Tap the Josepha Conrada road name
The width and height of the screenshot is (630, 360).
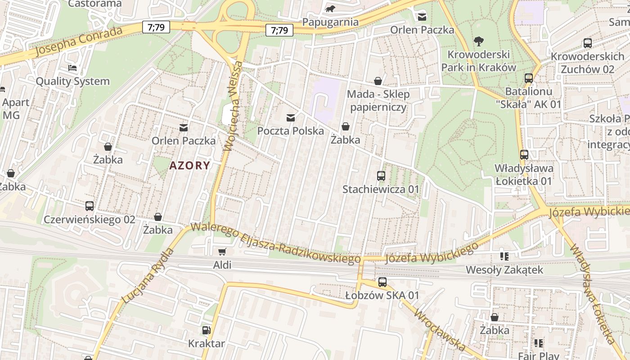click(x=79, y=42)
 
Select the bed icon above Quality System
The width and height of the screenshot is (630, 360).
click(x=72, y=68)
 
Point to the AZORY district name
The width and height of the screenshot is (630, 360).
click(x=189, y=166)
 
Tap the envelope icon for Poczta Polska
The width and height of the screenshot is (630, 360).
click(x=291, y=118)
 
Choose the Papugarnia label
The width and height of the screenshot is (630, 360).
click(x=330, y=22)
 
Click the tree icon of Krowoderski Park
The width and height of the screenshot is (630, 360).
click(x=478, y=41)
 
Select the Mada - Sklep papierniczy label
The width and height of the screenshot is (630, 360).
click(x=378, y=101)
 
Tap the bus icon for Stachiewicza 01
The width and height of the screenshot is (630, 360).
click(x=381, y=176)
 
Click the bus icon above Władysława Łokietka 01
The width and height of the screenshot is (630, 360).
click(x=524, y=155)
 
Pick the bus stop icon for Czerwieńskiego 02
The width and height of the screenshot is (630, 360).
click(x=90, y=206)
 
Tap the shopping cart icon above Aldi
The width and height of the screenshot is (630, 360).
click(x=222, y=252)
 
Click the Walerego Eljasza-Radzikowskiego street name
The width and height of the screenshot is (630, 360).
click(x=275, y=243)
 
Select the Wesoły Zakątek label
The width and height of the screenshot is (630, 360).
click(x=504, y=270)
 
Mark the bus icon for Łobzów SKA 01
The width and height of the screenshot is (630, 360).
click(x=382, y=282)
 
